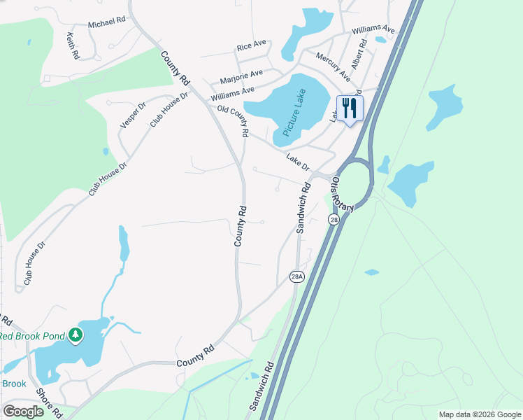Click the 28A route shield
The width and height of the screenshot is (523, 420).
[297, 277]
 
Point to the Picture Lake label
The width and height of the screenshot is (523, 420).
[295, 115]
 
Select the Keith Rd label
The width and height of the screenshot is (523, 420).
[71, 45]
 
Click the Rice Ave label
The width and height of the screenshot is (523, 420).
[252, 45]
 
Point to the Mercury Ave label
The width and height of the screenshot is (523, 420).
[333, 66]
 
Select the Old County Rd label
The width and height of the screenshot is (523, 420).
[234, 120]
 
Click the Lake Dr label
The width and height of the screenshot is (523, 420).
[298, 162]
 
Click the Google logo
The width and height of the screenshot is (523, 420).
[23, 412]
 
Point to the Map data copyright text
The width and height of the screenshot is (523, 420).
[479, 414]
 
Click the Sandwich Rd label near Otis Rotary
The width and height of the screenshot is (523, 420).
[303, 208]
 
